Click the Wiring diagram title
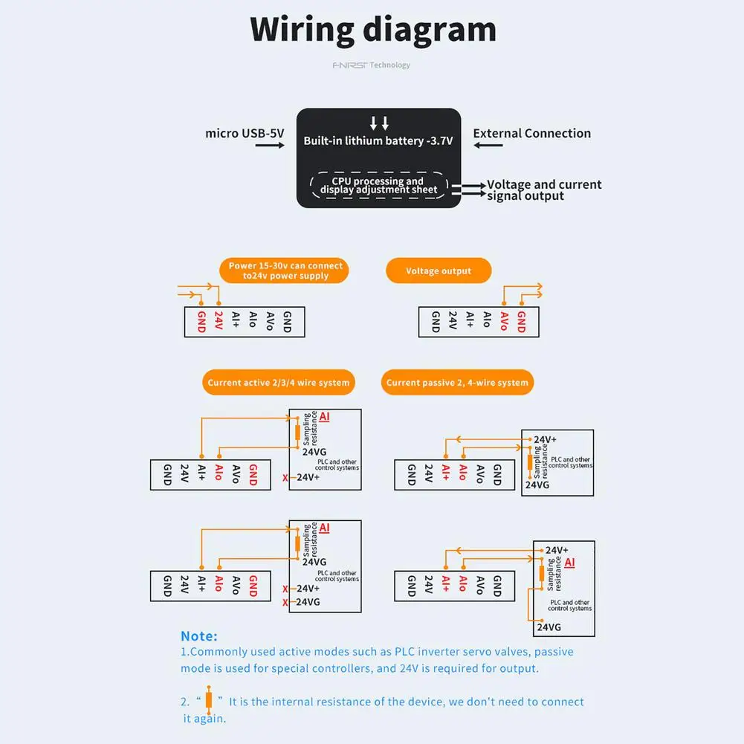click(372, 30)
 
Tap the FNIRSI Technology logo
click(371, 65)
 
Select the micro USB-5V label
click(245, 134)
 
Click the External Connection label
click(531, 134)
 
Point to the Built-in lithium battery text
click(378, 140)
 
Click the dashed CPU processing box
click(378, 186)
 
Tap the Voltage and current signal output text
click(543, 190)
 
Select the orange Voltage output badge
click(439, 271)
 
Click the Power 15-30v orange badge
click(285, 271)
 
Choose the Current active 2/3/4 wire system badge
click(278, 383)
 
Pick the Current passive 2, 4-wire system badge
click(457, 383)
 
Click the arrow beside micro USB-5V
click(269, 146)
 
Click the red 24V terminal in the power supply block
click(219, 321)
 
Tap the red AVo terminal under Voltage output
click(504, 321)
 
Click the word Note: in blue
click(198, 636)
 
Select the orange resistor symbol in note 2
click(210, 701)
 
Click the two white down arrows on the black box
click(379, 123)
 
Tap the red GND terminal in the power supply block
click(201, 321)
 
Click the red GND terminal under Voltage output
click(521, 321)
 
